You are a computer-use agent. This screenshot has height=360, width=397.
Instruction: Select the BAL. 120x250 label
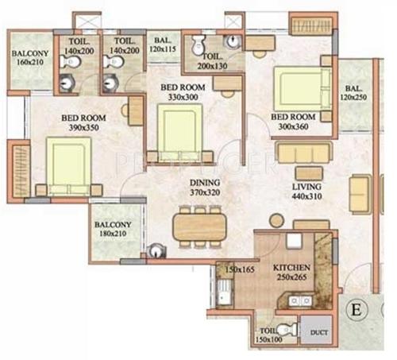(354, 94)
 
